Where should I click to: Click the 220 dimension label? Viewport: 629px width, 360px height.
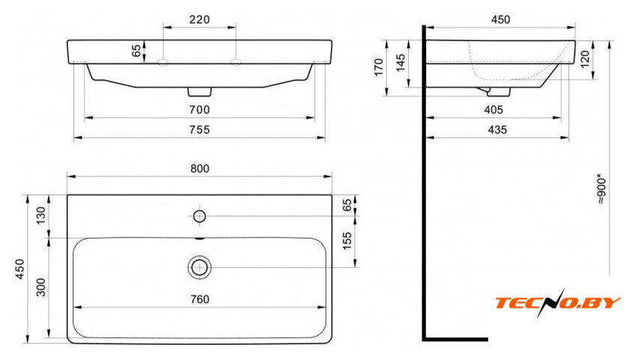[x=199, y=19]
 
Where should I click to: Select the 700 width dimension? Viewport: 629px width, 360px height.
[x=199, y=109]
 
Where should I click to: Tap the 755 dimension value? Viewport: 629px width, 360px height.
[x=199, y=129]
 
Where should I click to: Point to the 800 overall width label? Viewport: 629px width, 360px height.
[x=199, y=168]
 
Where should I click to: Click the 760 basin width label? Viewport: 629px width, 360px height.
[x=199, y=299]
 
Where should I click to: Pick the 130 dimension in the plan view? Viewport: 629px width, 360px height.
[x=41, y=216]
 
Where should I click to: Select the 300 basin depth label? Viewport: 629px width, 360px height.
[x=41, y=287]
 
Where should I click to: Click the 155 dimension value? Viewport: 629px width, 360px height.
[x=347, y=240]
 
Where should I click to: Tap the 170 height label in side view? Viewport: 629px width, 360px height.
[x=379, y=67]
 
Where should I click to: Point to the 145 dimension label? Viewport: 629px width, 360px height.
[x=401, y=63]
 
